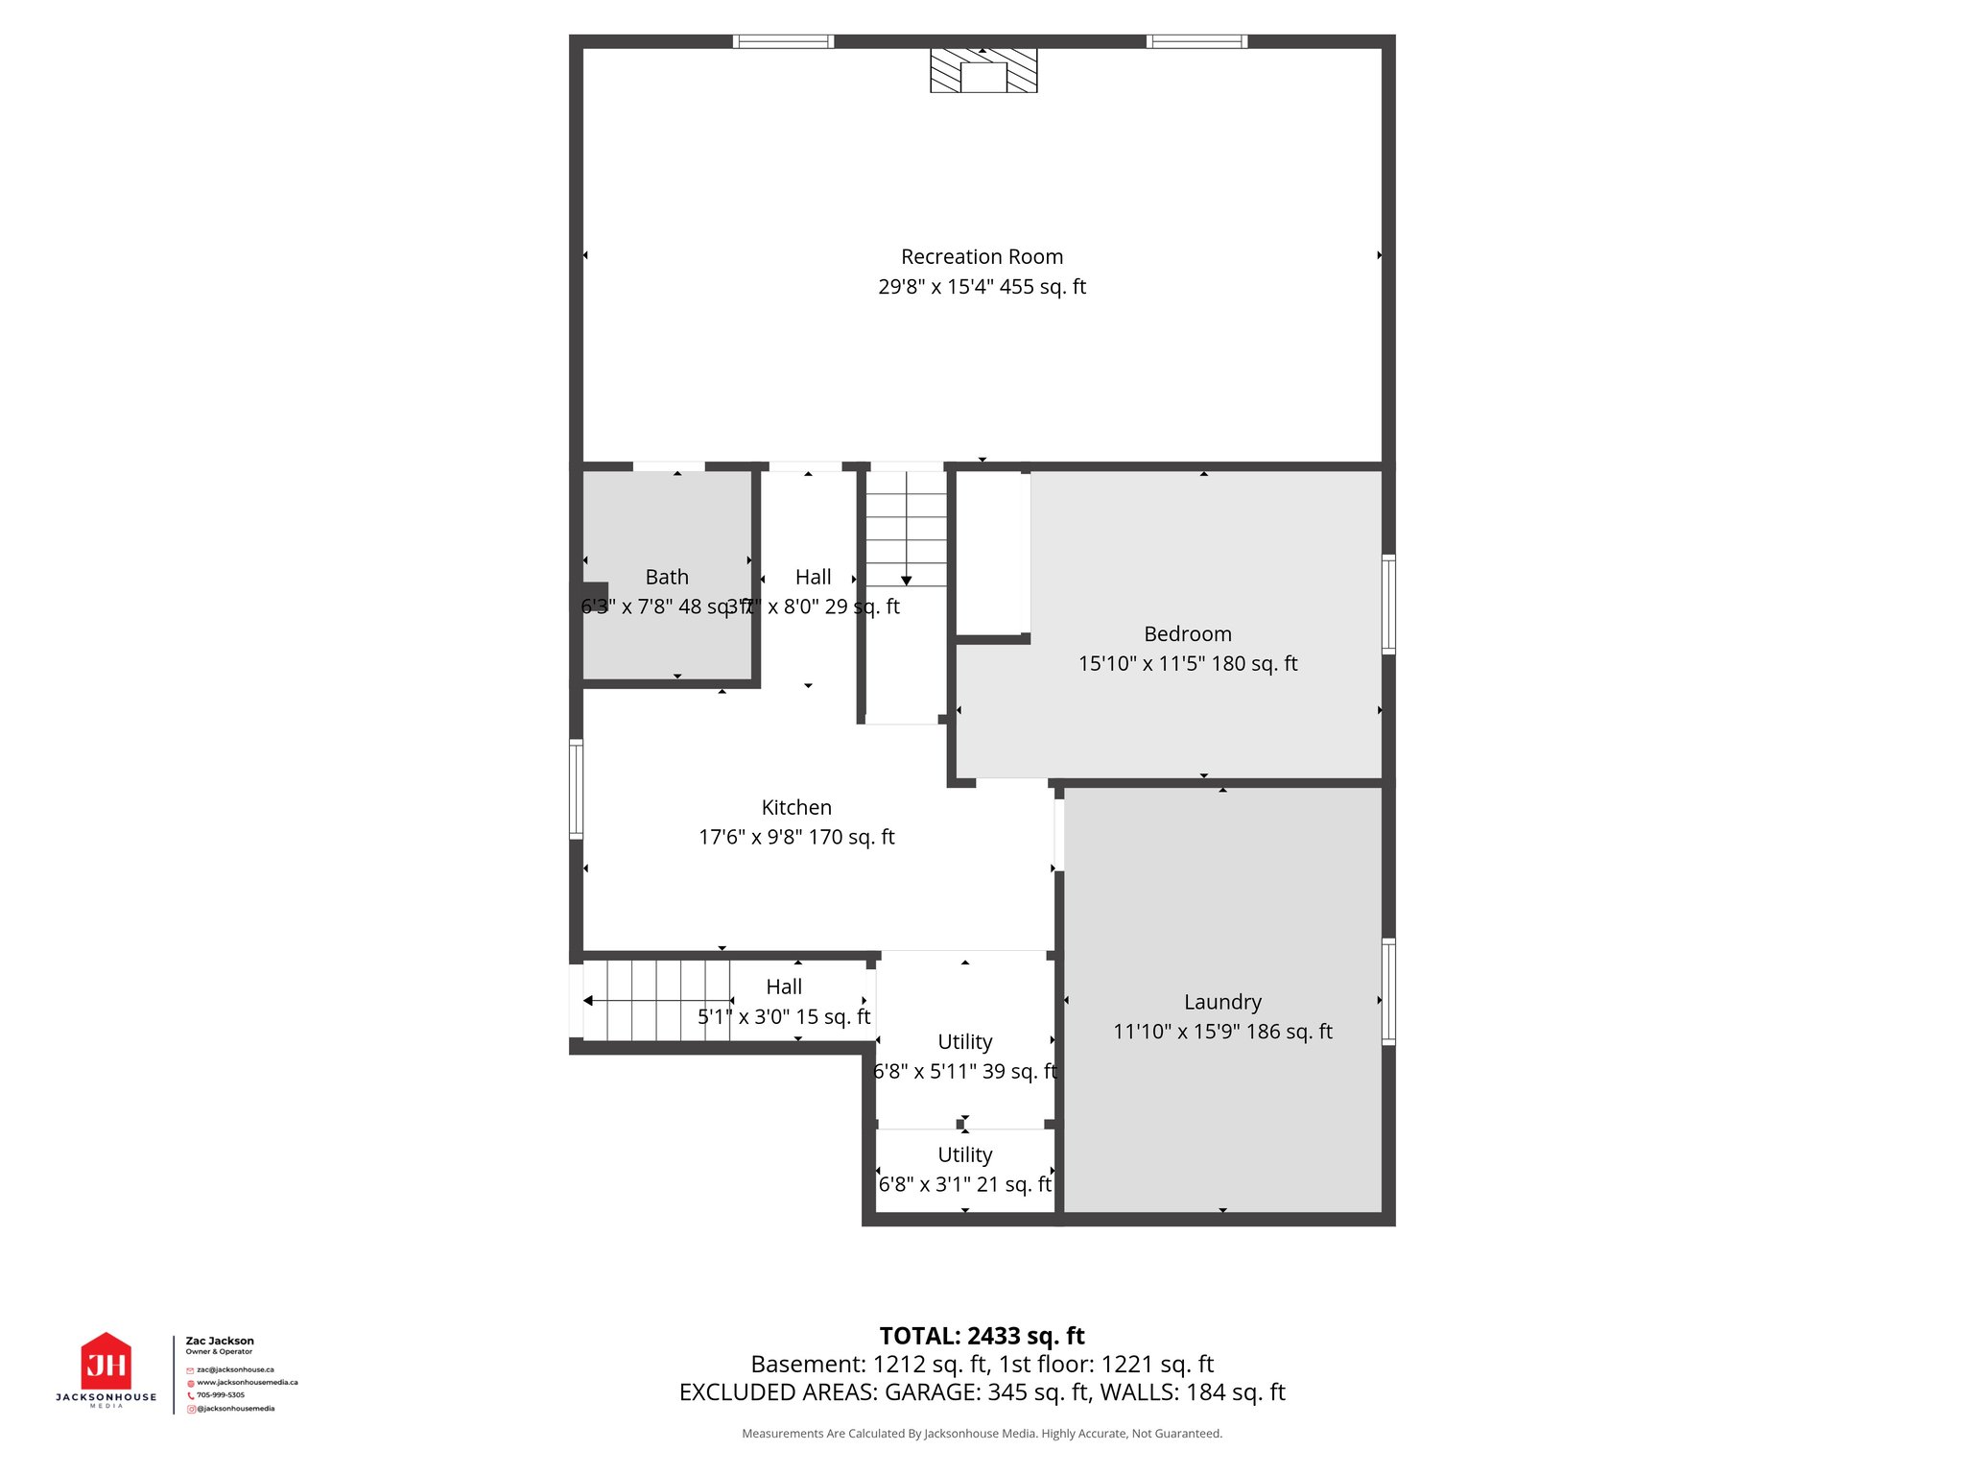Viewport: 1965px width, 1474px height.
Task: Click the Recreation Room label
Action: click(x=982, y=257)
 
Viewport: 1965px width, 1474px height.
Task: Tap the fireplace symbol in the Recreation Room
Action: click(x=983, y=71)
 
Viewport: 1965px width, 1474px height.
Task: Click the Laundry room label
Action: click(x=1222, y=1002)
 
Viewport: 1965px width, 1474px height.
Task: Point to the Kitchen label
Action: click(x=796, y=807)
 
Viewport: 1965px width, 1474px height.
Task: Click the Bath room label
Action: click(x=667, y=577)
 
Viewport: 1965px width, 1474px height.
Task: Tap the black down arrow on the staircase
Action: click(x=906, y=581)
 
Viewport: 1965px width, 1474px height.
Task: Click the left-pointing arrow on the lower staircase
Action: click(x=588, y=1001)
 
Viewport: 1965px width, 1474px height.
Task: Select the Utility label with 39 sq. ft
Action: click(x=964, y=1042)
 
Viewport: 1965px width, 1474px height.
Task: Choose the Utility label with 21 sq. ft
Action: click(x=964, y=1155)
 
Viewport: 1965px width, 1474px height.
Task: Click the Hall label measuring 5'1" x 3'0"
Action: click(x=784, y=987)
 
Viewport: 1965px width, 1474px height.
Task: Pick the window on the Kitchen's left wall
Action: click(x=576, y=789)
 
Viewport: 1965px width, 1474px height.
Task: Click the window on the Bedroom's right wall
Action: click(x=1388, y=605)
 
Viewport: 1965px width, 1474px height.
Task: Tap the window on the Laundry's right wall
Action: click(x=1388, y=991)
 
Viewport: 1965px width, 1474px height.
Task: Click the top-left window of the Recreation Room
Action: click(x=783, y=41)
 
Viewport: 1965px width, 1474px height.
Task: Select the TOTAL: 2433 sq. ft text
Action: click(x=982, y=1336)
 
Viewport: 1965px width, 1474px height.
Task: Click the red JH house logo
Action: click(x=106, y=1362)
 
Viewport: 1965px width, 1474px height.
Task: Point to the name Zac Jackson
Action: click(x=220, y=1341)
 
